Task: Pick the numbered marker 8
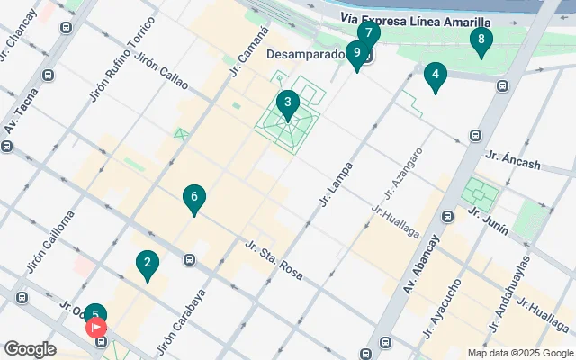coord(481,40)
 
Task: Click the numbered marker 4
coord(436,76)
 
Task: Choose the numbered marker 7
coord(368,34)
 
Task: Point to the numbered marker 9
coord(357,54)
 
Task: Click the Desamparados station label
coord(306,55)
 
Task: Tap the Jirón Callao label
coord(161,71)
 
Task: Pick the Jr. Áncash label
coord(513,159)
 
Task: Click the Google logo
coord(30,349)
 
